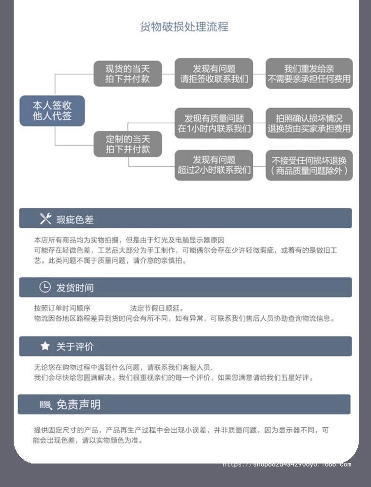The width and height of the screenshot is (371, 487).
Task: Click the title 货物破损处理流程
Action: pyautogui.click(x=184, y=27)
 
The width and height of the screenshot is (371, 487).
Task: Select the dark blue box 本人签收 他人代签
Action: pyautogui.click(x=52, y=111)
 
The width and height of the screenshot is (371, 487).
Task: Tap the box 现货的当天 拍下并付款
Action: pyautogui.click(x=127, y=73)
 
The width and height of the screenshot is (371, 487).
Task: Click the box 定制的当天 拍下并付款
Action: pyautogui.click(x=128, y=144)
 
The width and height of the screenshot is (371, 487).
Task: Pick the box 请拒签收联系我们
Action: pyautogui.click(x=214, y=73)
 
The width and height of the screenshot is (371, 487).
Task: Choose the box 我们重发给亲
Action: pyautogui.click(x=309, y=73)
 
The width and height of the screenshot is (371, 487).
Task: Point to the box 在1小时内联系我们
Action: pyautogui.click(x=214, y=123)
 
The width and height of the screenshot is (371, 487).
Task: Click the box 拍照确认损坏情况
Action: pyautogui.click(x=309, y=123)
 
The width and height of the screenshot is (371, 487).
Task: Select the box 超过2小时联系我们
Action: pyautogui.click(x=214, y=165)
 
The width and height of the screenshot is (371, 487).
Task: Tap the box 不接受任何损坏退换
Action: pyautogui.click(x=309, y=165)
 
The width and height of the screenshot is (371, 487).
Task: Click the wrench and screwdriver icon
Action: pyautogui.click(x=45, y=219)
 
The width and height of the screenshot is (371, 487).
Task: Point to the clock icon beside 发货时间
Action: pyautogui.click(x=45, y=287)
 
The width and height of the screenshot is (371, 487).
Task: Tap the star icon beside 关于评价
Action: pyautogui.click(x=45, y=346)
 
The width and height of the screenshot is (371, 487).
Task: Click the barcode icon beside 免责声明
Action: pyautogui.click(x=45, y=405)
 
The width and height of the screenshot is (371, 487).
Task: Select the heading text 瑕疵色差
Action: pyautogui.click(x=75, y=220)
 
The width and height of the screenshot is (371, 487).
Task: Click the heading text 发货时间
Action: pyautogui.click(x=75, y=288)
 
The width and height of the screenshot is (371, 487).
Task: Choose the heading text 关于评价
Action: pyautogui.click(x=75, y=347)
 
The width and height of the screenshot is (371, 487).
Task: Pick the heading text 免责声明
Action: pyautogui.click(x=78, y=405)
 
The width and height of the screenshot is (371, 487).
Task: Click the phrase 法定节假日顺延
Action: pyautogui.click(x=156, y=309)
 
